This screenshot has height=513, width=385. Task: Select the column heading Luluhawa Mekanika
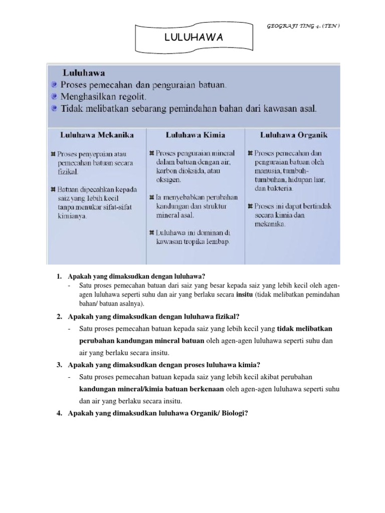pos(90,135)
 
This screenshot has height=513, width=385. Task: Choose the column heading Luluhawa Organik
pos(294,135)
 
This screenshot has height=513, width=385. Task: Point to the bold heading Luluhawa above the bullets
pos(83,73)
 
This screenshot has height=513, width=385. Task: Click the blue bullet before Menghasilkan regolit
pos(53,96)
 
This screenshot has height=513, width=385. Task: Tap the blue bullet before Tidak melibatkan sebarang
pos(53,109)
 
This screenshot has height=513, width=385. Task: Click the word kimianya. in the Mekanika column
pos(72,216)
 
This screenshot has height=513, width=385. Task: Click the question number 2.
pos(59,316)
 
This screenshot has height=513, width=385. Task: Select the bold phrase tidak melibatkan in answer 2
pos(305,329)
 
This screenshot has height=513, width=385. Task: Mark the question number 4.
pos(59,413)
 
